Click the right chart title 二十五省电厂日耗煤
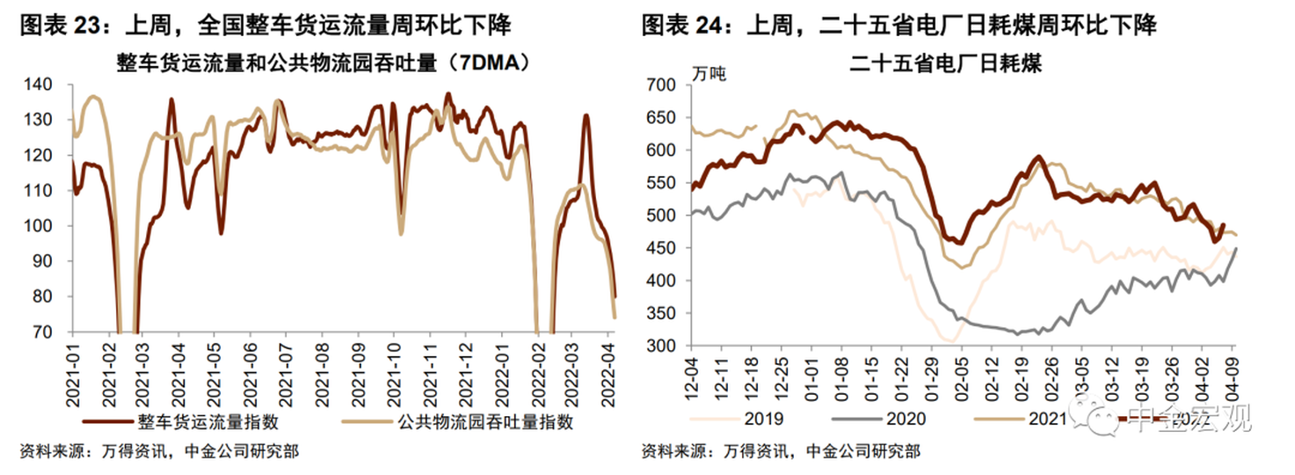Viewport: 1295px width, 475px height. tap(946, 63)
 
